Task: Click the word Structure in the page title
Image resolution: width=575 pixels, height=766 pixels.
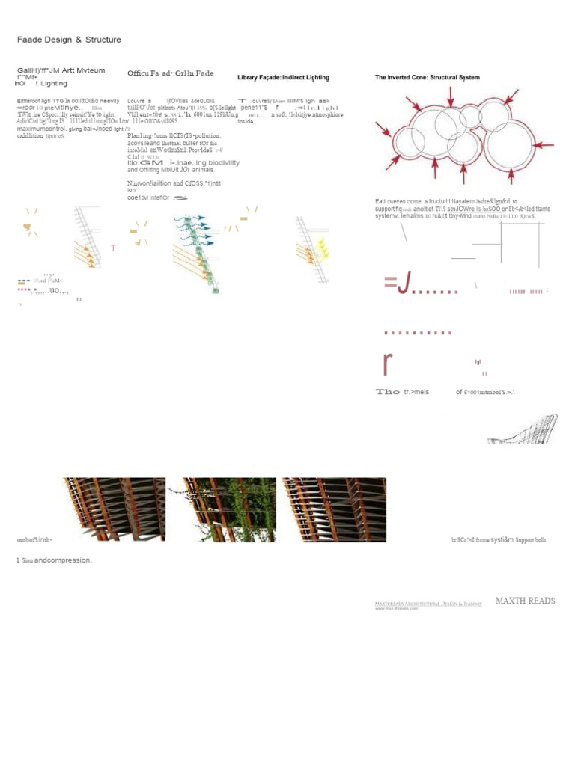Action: (103, 40)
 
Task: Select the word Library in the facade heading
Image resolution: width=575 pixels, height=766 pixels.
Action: (249, 78)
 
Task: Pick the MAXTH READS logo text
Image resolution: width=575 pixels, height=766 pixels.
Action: (525, 601)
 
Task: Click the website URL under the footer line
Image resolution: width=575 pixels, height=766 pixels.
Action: (396, 608)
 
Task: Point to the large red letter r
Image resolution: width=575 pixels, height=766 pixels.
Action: (387, 363)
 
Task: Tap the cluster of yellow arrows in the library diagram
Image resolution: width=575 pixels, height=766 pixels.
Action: (323, 246)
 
